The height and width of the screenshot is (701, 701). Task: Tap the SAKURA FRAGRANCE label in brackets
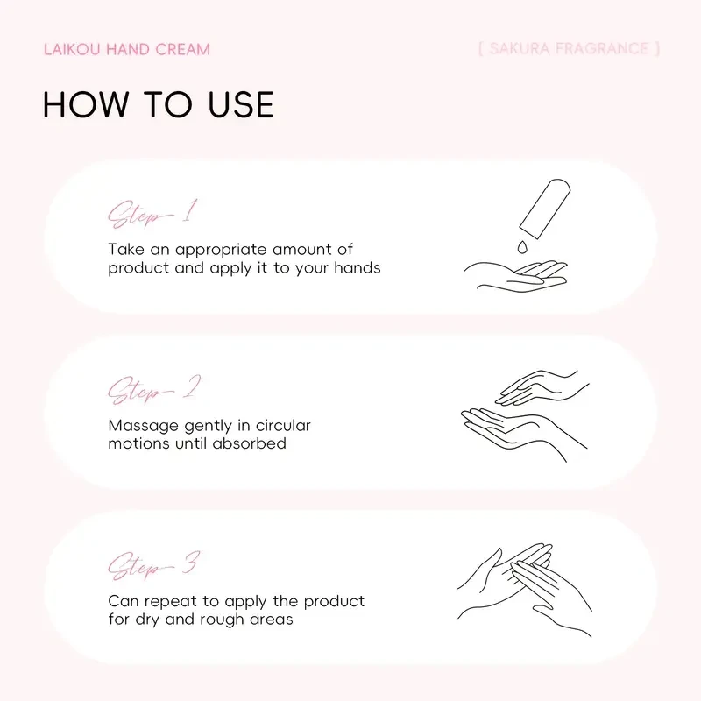click(569, 48)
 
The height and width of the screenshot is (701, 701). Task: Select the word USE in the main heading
click(234, 105)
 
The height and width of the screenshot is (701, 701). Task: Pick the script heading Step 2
click(152, 390)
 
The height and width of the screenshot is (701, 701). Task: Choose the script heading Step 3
click(152, 565)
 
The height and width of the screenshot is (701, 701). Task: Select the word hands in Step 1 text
click(358, 268)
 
